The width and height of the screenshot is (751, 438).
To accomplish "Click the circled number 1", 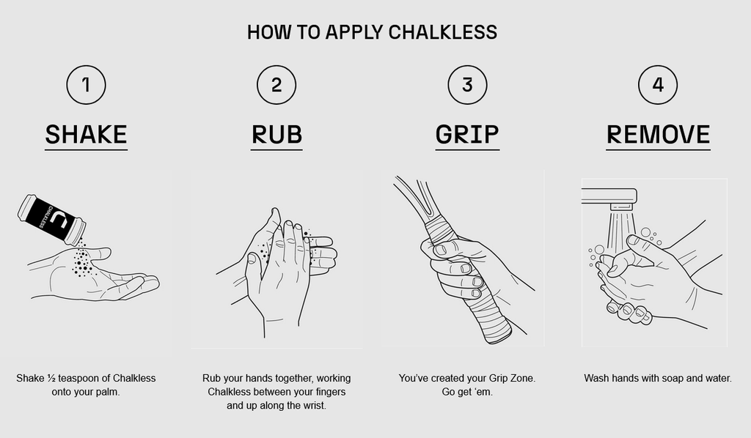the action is (x=87, y=85).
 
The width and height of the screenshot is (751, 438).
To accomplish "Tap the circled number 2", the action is (x=276, y=85).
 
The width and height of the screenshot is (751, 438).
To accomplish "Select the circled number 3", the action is (x=467, y=85).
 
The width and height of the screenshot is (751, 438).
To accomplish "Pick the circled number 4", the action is (x=658, y=85).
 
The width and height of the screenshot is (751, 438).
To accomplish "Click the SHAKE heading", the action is (x=87, y=134).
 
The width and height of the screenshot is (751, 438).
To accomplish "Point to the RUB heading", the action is (x=276, y=134).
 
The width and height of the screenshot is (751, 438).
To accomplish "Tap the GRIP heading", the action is (x=467, y=134).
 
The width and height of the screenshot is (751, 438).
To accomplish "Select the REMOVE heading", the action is (x=658, y=134).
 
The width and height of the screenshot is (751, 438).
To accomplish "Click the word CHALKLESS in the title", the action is (x=442, y=32).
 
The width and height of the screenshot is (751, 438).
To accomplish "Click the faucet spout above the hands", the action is (x=609, y=198).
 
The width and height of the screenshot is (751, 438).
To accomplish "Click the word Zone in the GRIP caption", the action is (x=522, y=378).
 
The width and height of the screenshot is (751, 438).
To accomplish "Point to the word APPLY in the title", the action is (x=354, y=32).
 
